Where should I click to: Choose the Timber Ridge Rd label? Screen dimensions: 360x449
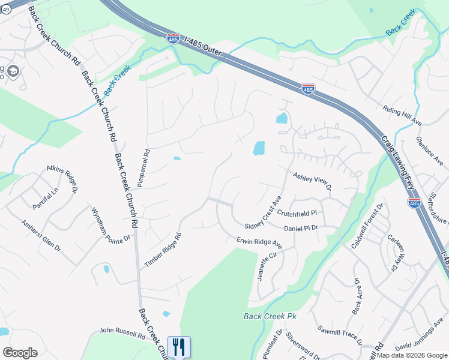click(x=162, y=250)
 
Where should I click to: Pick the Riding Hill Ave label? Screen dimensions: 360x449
click(x=403, y=115)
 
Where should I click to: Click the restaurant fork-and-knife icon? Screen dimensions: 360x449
click(x=179, y=347)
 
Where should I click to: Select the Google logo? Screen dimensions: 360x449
click(x=20, y=353)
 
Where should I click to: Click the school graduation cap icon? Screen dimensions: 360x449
click(x=13, y=71)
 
